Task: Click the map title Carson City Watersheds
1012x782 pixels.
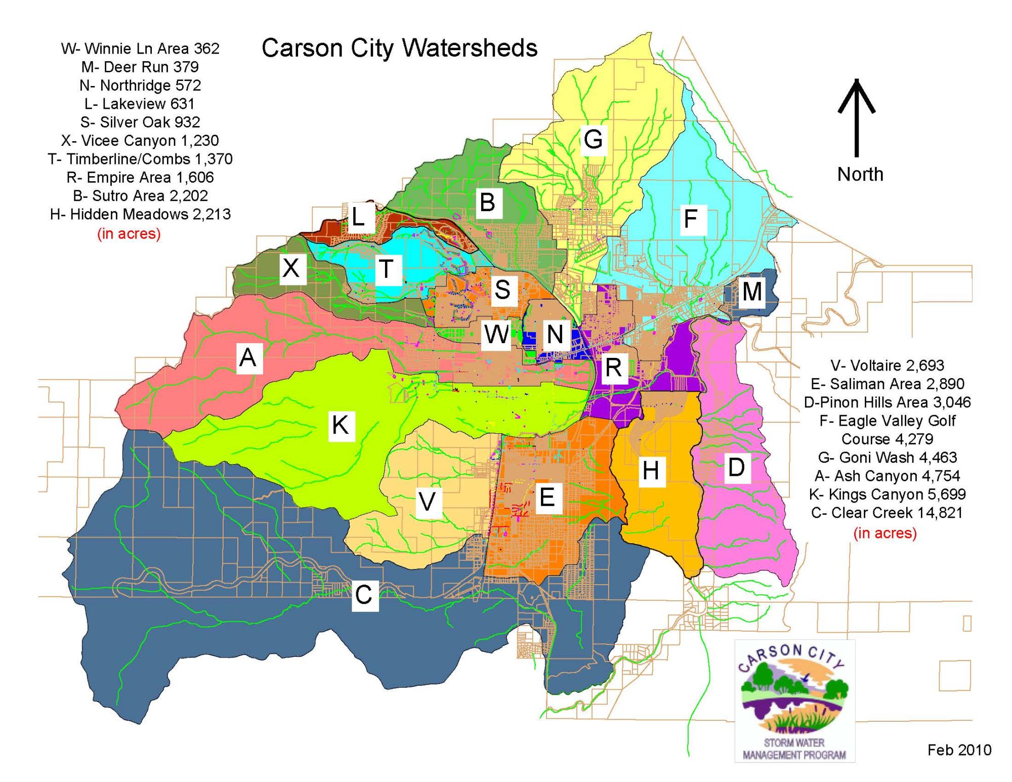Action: (399, 49)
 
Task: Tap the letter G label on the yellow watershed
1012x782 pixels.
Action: (593, 139)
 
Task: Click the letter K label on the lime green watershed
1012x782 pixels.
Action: (340, 425)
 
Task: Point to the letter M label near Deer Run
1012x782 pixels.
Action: (751, 292)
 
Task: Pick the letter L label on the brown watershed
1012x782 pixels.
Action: (358, 218)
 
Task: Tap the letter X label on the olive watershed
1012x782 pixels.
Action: (291, 268)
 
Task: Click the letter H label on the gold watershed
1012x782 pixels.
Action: (650, 471)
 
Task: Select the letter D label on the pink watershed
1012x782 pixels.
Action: (736, 467)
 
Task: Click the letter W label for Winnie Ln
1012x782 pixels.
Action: (496, 335)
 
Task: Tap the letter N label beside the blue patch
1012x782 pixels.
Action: (555, 335)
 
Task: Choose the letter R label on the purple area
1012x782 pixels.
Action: (613, 367)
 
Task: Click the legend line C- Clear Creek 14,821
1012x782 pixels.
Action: (887, 513)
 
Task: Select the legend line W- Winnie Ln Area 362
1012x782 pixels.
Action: (140, 49)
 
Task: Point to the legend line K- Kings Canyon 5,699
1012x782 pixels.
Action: (887, 494)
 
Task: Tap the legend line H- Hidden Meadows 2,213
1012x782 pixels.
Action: (140, 214)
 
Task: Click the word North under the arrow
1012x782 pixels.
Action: (860, 174)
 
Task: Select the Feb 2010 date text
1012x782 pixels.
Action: (959, 750)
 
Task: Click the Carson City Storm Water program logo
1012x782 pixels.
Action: (794, 701)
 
